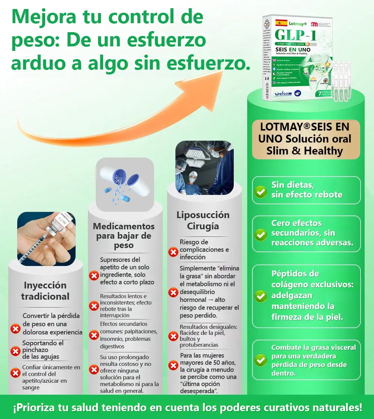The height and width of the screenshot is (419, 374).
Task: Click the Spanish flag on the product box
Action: [281, 23]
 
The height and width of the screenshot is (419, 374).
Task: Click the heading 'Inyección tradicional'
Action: [45, 291]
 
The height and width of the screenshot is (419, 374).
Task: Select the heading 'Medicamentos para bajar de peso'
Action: [124, 236]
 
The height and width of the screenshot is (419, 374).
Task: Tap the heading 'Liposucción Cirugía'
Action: [203, 221]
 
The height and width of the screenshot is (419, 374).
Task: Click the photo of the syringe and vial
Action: [46, 239]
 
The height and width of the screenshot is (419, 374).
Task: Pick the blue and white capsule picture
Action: [125, 184]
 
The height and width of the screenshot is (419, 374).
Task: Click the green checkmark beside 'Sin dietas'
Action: [260, 192]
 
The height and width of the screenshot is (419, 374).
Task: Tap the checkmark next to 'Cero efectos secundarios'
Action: [260, 235]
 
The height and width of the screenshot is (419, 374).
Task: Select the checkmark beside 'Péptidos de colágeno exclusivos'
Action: [260, 296]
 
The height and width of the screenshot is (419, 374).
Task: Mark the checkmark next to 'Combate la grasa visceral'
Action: [260, 360]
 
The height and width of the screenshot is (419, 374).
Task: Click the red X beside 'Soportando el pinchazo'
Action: [15, 351]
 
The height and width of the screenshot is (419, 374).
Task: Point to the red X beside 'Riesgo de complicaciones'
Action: [173, 252]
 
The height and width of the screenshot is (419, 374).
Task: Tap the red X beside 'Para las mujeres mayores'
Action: [173, 365]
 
